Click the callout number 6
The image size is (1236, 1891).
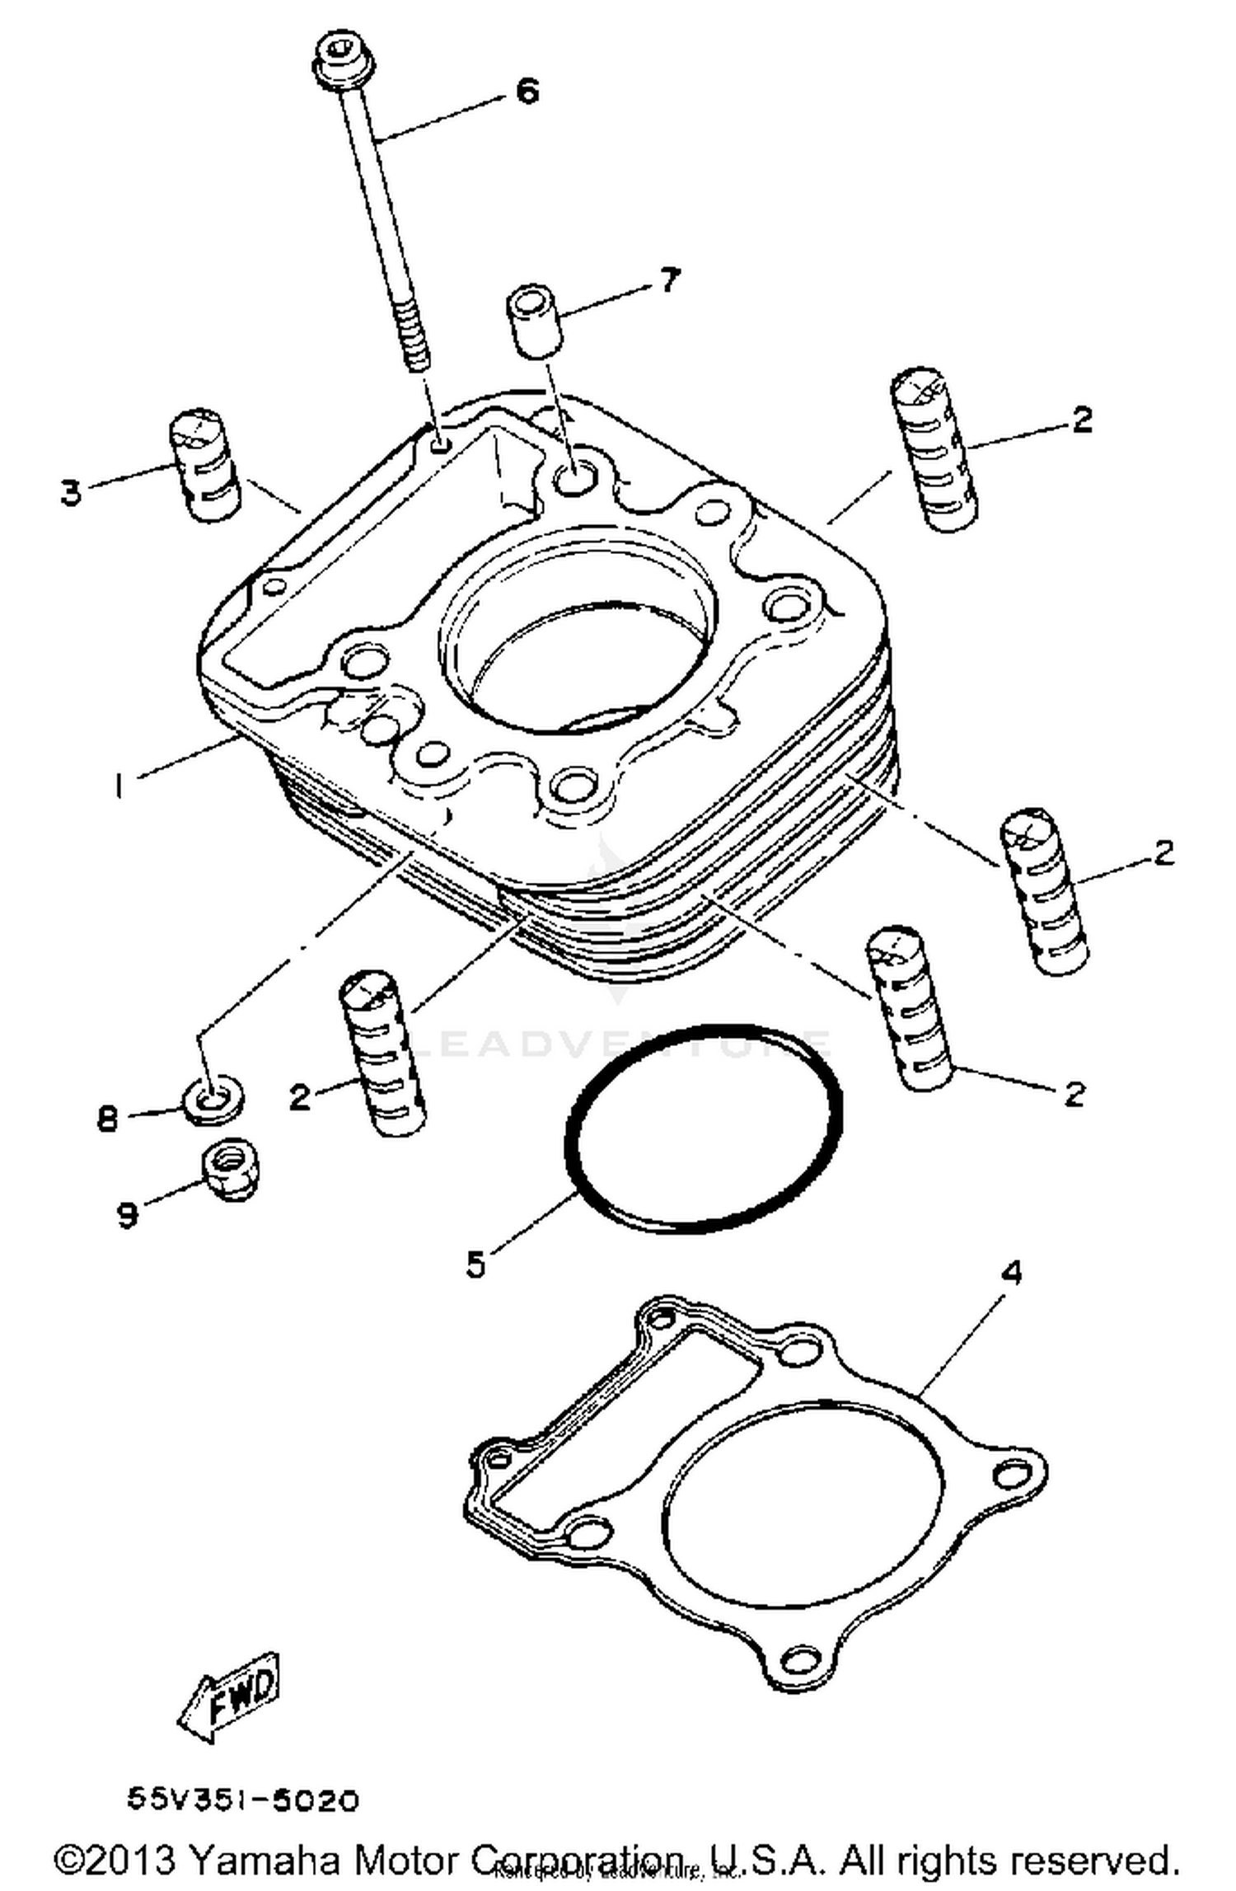pyautogui.click(x=527, y=90)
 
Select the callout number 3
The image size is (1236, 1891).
pyautogui.click(x=71, y=492)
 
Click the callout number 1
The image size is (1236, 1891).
pyautogui.click(x=120, y=784)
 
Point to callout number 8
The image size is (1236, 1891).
pyautogui.click(x=107, y=1119)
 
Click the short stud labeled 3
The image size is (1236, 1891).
pyautogui.click(x=204, y=466)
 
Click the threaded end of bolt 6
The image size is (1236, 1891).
pyautogui.click(x=416, y=338)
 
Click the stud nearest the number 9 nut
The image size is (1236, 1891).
pyautogui.click(x=382, y=1053)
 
